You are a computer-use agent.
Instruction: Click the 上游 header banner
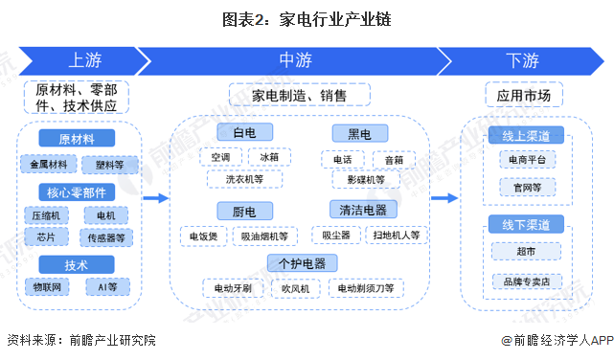click(x=84, y=60)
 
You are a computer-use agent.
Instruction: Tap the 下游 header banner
click(x=522, y=60)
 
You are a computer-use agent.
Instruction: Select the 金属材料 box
click(x=49, y=165)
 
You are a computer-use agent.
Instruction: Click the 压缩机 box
click(x=46, y=215)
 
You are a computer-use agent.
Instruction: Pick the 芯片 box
click(x=46, y=236)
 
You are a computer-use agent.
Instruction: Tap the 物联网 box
click(x=47, y=287)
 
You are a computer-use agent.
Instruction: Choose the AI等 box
click(x=107, y=287)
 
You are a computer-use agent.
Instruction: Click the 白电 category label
click(x=245, y=132)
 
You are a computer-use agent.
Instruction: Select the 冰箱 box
click(x=269, y=157)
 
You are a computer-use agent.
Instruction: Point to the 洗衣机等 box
click(x=245, y=179)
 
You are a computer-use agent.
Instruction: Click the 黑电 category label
click(x=360, y=134)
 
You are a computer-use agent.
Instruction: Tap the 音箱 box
click(x=394, y=160)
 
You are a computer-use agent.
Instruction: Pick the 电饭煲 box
click(x=204, y=236)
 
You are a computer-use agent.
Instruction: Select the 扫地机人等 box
click(x=397, y=235)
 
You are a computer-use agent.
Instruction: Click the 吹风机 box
click(x=296, y=288)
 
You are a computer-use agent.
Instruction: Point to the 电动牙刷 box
click(x=233, y=288)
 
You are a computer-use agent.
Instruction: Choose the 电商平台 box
click(x=528, y=160)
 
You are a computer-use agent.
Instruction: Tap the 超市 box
click(x=526, y=251)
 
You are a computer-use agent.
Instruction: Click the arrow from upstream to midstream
click(x=156, y=198)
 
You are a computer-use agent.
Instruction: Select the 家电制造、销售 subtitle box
click(x=300, y=95)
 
